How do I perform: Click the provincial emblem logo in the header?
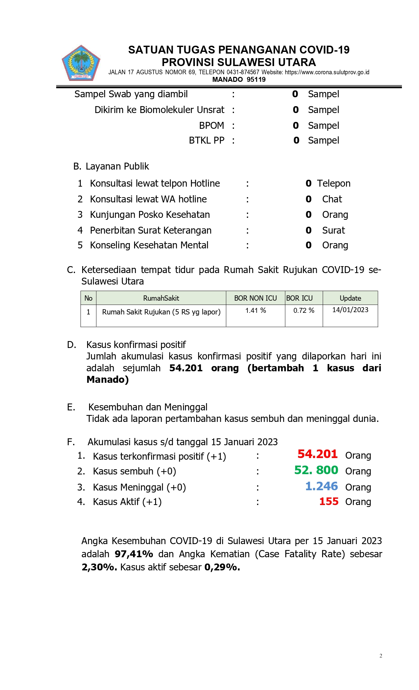(81, 63)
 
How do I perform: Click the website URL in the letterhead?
(327, 72)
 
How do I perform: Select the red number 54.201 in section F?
(317, 454)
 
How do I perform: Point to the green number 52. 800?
(316, 470)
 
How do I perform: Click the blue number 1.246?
(321, 486)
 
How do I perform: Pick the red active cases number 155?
(329, 502)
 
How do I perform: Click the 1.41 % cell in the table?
(255, 310)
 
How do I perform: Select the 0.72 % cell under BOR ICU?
(304, 310)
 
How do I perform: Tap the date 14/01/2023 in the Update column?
(350, 310)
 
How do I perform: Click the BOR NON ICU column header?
(255, 298)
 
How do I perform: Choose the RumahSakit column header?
(161, 298)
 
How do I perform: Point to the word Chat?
(332, 199)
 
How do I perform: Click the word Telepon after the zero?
(334, 183)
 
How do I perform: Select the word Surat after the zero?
(333, 230)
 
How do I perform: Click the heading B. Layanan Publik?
(111, 167)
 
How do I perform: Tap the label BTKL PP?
(206, 141)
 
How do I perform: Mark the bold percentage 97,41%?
(134, 554)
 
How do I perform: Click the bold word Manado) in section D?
(107, 380)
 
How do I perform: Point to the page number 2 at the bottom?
(381, 656)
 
